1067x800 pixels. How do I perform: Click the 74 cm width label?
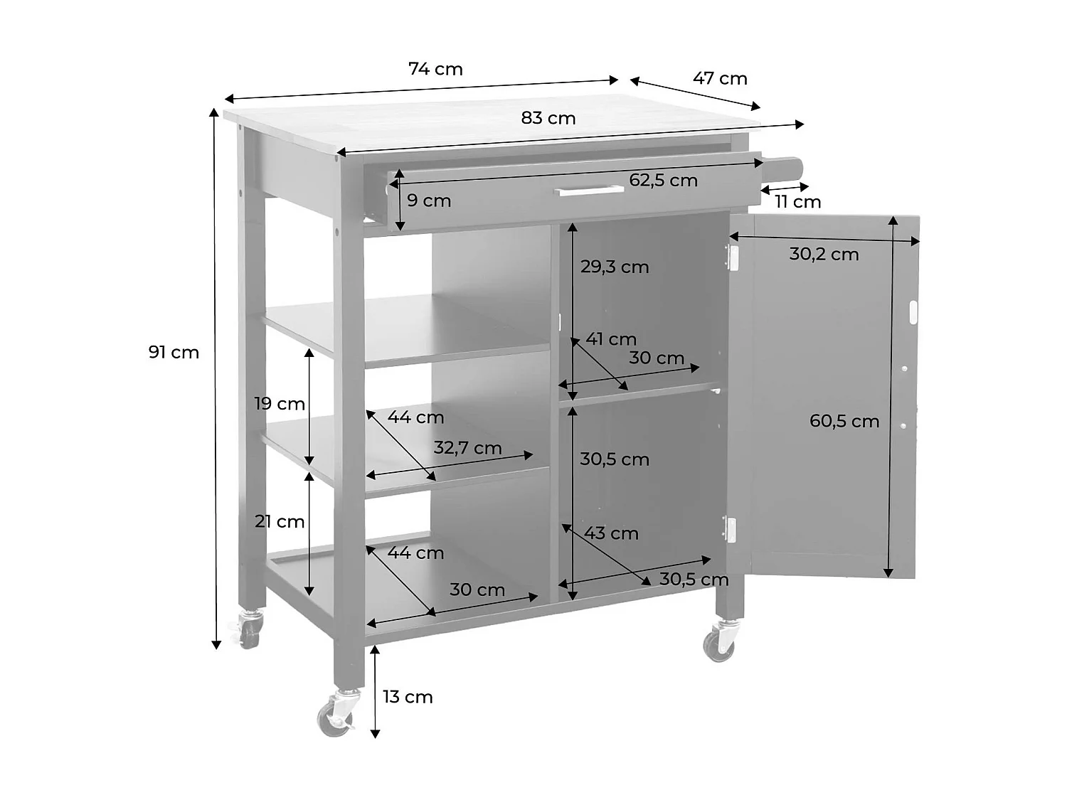435,69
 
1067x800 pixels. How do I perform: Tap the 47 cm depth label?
720,78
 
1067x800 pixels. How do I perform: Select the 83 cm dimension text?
548,118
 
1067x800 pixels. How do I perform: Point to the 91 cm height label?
174,352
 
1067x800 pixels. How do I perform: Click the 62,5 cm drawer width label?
663,181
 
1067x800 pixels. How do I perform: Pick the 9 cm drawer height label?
429,201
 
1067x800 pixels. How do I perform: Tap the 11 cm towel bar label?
797,202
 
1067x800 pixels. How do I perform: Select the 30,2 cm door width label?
824,254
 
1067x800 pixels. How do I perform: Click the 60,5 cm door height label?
844,421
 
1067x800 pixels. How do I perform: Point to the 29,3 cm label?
615,267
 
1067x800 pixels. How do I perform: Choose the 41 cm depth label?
610,339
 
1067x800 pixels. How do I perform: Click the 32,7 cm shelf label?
467,448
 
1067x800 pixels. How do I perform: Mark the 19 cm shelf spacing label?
280,404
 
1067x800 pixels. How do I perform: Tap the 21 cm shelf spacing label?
280,521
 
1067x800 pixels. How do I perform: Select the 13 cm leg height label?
408,697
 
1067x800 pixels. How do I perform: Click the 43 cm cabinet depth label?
611,533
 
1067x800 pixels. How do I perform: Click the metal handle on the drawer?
588,191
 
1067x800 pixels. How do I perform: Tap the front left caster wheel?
336,713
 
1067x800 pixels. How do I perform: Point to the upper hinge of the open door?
731,257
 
